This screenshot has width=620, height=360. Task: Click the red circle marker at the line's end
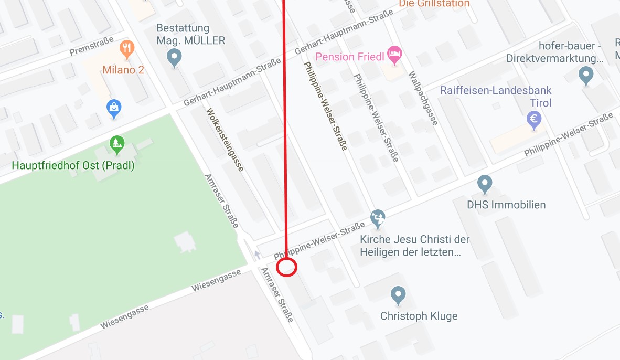[287, 267]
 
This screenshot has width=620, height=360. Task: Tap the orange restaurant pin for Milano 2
[126, 49]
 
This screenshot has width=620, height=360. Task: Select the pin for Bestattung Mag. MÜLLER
[174, 57]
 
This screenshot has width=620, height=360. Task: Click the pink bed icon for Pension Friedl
[394, 53]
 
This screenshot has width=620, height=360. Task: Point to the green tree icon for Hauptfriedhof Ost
[116, 142]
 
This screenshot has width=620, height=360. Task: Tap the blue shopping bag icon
[114, 109]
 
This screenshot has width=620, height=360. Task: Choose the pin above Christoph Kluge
[399, 295]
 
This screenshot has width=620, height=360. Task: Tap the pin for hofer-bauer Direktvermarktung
[586, 75]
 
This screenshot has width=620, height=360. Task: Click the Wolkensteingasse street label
[225, 140]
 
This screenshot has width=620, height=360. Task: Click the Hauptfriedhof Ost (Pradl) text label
[73, 166]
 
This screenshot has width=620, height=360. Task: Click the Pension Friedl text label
[350, 57]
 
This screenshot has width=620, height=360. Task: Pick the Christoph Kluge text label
[419, 316]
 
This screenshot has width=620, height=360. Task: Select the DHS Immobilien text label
[506, 205]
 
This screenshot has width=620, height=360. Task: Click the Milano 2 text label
[123, 70]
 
